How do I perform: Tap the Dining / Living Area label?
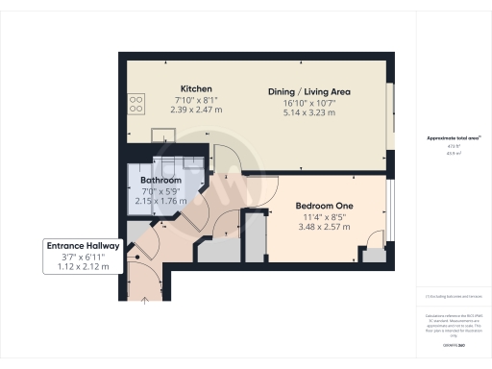coord(308,92)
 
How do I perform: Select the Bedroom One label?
coord(326,207)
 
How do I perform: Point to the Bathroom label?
coord(160,180)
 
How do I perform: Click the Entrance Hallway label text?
coord(84,247)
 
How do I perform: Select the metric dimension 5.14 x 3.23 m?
coord(308,112)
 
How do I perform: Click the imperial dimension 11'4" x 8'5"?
coord(326,217)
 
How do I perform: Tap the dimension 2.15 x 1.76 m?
coord(160,201)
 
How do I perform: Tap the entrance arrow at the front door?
coord(145,299)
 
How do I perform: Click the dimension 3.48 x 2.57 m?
coord(326,228)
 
